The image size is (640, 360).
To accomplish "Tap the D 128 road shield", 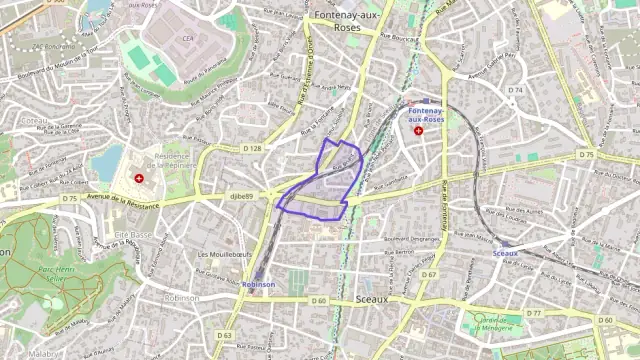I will (252, 148).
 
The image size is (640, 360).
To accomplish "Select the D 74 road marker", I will (515, 91).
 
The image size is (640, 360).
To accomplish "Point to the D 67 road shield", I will (429, 274).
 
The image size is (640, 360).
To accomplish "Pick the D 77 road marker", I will (534, 313).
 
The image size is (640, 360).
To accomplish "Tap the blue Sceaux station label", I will (505, 254).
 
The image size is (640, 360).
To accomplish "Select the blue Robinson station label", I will (258, 284).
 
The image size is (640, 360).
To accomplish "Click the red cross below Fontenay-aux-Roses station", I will (418, 130).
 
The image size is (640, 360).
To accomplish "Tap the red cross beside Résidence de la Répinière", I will (139, 179).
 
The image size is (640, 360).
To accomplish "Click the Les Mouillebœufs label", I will (224, 254).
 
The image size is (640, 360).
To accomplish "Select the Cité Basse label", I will (133, 234).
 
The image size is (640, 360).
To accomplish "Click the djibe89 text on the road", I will (242, 197).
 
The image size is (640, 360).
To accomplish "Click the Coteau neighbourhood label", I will (34, 119).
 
